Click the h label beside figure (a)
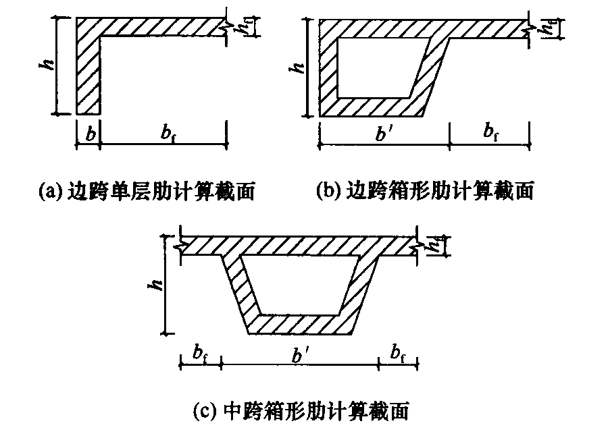(x=47, y=65)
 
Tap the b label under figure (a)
(x=91, y=134)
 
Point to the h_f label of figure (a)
(x=243, y=27)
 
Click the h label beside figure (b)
(x=297, y=67)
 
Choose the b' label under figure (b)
(x=382, y=134)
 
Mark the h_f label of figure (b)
(x=547, y=27)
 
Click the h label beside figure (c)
(x=157, y=285)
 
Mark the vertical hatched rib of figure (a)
(x=88, y=76)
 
